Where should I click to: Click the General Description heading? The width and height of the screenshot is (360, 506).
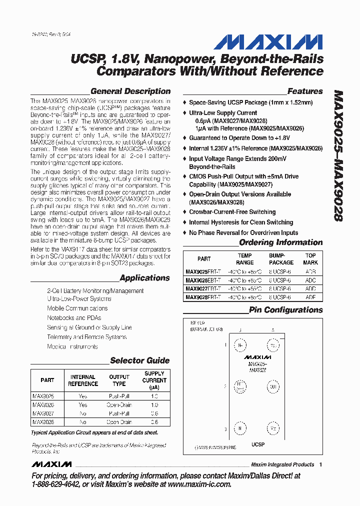tap(130, 91)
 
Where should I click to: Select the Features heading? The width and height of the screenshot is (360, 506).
tap(305, 91)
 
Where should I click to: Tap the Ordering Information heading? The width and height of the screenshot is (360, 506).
tap(280, 242)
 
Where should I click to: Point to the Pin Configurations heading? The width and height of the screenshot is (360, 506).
tap(285, 310)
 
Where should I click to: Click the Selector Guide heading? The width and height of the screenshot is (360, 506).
tap(139, 360)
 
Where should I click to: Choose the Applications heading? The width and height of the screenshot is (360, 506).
tap(144, 278)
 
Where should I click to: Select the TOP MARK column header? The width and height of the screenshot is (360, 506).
tap(310, 259)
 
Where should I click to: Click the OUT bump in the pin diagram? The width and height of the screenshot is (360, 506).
tap(273, 386)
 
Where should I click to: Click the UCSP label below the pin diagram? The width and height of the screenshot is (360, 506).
tap(257, 444)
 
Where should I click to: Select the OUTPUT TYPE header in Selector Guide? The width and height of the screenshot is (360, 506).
tap(119, 380)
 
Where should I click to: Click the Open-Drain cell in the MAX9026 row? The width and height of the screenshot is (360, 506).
tap(119, 405)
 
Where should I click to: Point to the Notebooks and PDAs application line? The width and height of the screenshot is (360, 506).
tap(74, 318)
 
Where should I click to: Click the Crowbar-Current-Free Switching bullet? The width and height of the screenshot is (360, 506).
tap(232, 212)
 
